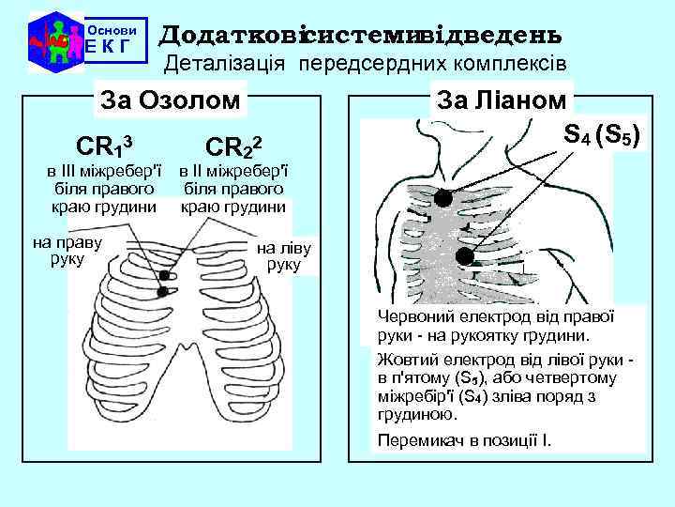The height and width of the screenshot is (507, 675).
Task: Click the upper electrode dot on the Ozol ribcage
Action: coord(166,276)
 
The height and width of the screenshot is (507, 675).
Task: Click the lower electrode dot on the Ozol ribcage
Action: coord(162,292)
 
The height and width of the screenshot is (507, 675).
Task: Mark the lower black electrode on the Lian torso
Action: coord(465,254)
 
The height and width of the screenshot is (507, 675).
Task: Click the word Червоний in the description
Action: coord(411,317)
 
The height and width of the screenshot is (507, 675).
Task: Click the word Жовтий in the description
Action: coord(403,360)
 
